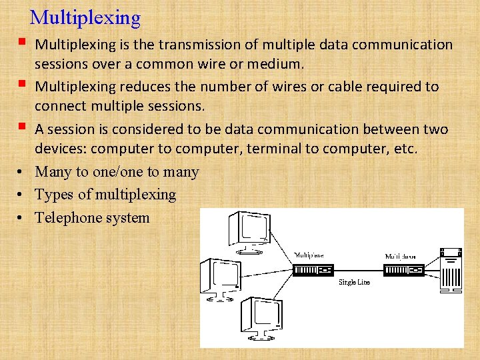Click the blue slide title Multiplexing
(x=85, y=18)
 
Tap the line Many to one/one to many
(x=117, y=171)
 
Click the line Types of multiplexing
(x=105, y=195)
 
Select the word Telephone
(x=68, y=217)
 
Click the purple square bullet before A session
(x=23, y=127)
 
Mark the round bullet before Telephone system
(x=22, y=217)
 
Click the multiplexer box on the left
(x=313, y=270)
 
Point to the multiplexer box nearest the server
(x=403, y=270)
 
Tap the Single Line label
(x=354, y=283)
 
